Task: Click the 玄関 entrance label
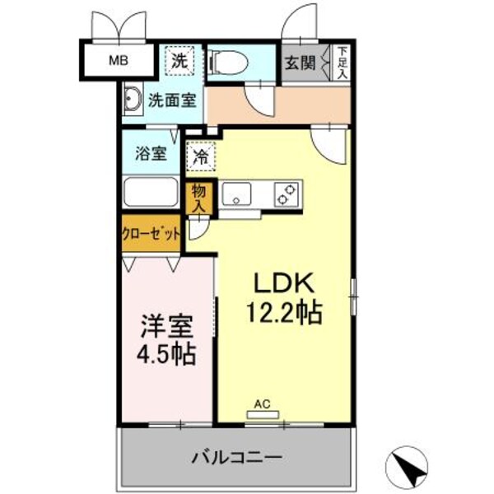[x=301, y=62]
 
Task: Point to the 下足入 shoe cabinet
[x=342, y=63]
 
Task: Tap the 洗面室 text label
[x=171, y=100]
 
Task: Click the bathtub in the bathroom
[x=152, y=195]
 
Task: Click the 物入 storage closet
[x=199, y=198]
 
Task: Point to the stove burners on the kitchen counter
[x=286, y=195]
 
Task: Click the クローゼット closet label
[x=151, y=234]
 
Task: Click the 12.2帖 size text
[x=284, y=313]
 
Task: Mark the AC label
[x=262, y=403]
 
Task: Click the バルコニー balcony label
[x=239, y=455]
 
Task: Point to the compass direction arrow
[x=410, y=467]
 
